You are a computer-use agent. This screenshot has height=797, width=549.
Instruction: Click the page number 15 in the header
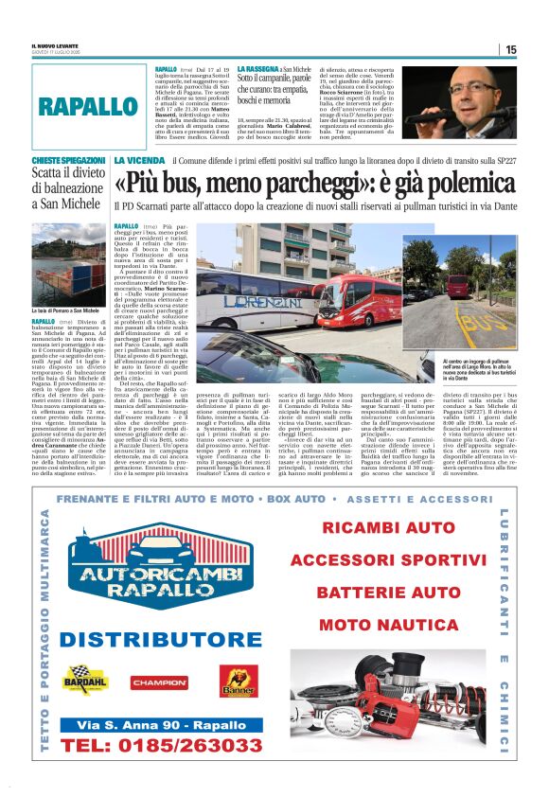tap(511, 49)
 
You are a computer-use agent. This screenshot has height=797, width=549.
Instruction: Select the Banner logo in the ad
tap(239, 680)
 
